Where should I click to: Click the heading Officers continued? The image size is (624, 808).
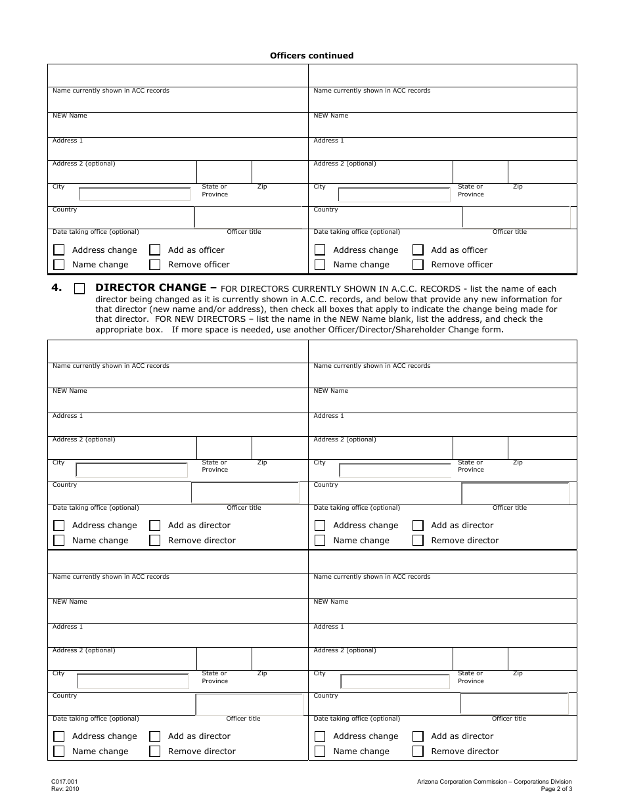point(311,56)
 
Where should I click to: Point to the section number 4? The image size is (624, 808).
point(56,288)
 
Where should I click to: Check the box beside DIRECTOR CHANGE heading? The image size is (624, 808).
point(79,288)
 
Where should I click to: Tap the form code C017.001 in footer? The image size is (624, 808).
point(64,782)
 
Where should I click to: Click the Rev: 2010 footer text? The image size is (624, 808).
point(65,789)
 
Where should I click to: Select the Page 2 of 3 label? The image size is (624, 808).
point(556,789)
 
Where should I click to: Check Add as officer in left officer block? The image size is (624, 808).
point(155,250)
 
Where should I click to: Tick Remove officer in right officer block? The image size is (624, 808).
point(418,265)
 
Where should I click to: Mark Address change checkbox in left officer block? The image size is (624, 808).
point(59,250)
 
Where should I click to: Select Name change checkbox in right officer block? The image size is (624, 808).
point(320,265)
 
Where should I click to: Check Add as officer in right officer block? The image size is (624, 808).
point(418,250)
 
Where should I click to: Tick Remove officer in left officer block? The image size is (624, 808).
point(155,265)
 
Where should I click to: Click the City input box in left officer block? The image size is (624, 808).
point(135,194)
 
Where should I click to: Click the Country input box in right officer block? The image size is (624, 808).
point(516,217)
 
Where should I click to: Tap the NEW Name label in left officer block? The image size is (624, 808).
point(70,116)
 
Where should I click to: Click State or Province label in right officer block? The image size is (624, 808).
point(470,191)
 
